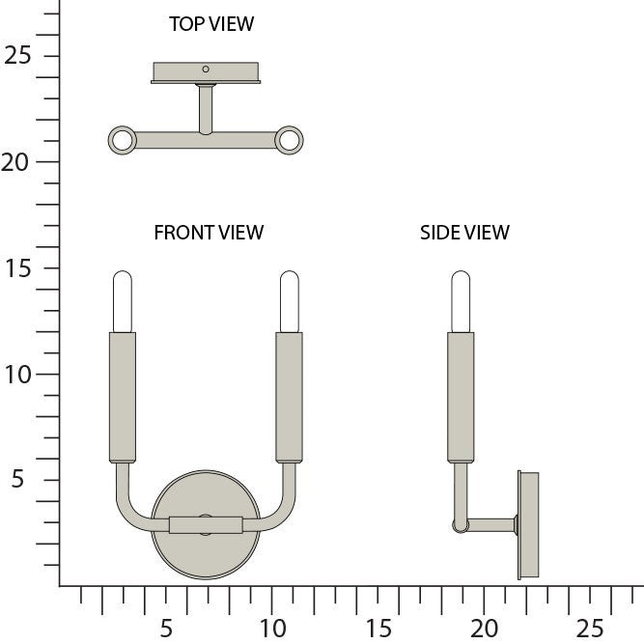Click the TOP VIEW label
(211, 24)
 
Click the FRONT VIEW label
(209, 233)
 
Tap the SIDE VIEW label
(464, 233)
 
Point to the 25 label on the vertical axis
(17, 55)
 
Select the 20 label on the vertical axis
(15, 162)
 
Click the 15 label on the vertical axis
(18, 268)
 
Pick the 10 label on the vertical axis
(18, 375)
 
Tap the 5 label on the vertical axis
(17, 479)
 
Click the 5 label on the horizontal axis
(166, 628)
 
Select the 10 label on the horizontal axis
(272, 628)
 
